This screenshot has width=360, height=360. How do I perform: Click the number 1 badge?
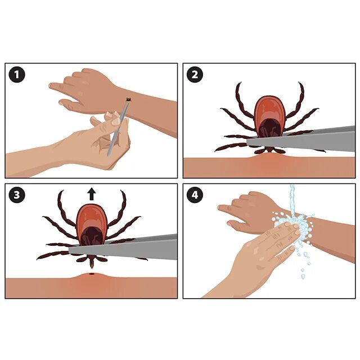click(x=17, y=75)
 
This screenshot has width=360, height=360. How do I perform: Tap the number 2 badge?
click(x=195, y=75)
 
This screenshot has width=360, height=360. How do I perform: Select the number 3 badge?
click(x=17, y=195)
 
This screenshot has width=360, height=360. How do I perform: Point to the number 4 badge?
click(x=195, y=195)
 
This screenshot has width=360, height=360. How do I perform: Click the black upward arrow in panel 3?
click(x=92, y=194)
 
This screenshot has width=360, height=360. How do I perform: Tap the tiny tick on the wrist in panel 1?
click(x=128, y=99)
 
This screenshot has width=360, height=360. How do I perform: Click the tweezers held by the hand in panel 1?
click(x=118, y=129)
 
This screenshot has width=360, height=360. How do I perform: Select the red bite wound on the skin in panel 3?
click(x=92, y=274)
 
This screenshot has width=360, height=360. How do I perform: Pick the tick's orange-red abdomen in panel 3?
click(x=92, y=220)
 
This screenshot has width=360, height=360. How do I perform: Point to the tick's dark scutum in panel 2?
click(x=270, y=128)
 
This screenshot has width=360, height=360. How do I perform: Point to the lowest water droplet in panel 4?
click(x=303, y=276)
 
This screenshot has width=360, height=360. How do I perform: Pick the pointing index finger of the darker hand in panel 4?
click(x=227, y=208)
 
